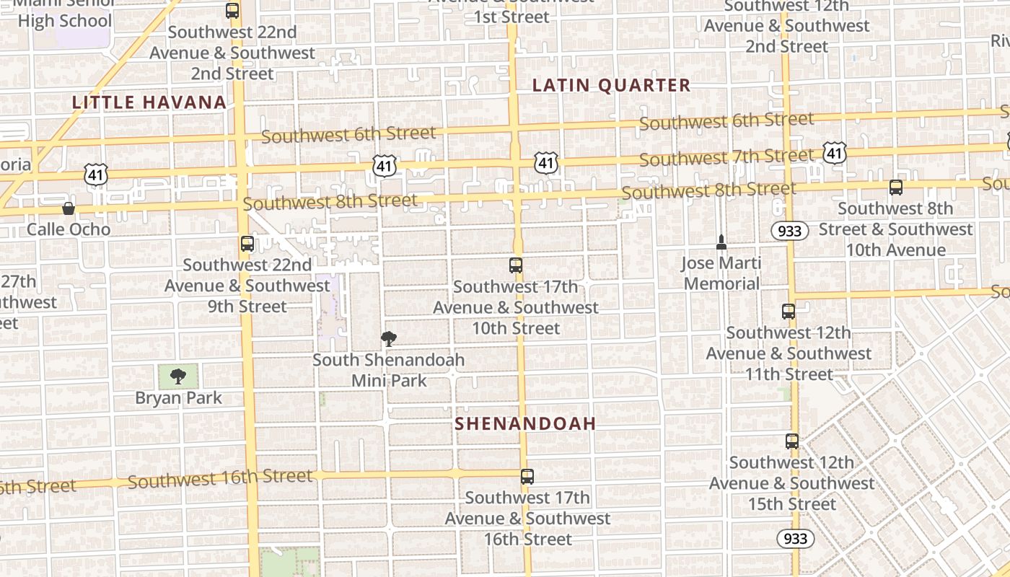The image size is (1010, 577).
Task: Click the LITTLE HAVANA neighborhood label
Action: (x=150, y=102)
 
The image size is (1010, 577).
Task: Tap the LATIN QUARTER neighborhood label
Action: (x=611, y=85)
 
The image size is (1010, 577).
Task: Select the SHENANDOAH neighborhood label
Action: (x=525, y=423)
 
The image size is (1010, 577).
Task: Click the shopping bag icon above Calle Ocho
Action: (x=69, y=209)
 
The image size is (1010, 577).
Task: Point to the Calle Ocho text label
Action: (x=69, y=229)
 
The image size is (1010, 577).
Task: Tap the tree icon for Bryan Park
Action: (x=178, y=376)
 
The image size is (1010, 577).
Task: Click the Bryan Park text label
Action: (x=178, y=397)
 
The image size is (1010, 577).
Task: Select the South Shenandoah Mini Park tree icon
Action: (x=389, y=338)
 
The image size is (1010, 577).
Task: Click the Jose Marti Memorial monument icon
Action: (x=721, y=242)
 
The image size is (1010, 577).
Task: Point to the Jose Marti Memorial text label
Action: (x=721, y=273)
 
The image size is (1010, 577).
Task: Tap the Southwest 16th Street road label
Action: (x=220, y=478)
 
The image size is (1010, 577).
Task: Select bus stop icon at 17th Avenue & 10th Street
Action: (x=516, y=265)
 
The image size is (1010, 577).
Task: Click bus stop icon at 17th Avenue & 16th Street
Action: (x=527, y=477)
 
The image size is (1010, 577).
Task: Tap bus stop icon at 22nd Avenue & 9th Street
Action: (x=247, y=244)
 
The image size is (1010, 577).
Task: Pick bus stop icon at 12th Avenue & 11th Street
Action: (x=789, y=312)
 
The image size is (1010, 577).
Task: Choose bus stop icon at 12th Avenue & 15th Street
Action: (x=792, y=441)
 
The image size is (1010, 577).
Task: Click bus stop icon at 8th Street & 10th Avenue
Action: (x=896, y=188)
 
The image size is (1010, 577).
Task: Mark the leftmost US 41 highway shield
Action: (x=96, y=173)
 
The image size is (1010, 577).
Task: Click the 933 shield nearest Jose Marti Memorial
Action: (x=789, y=231)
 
